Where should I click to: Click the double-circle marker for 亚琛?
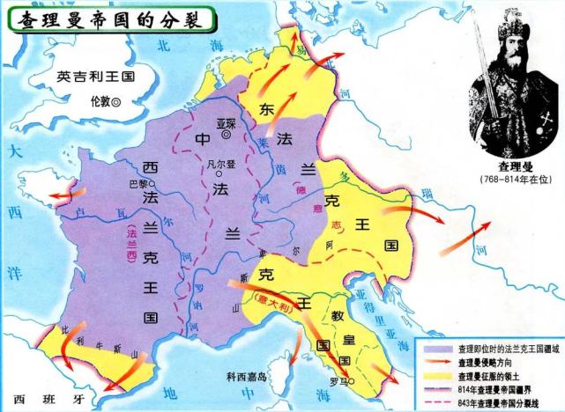coord(226,135)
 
